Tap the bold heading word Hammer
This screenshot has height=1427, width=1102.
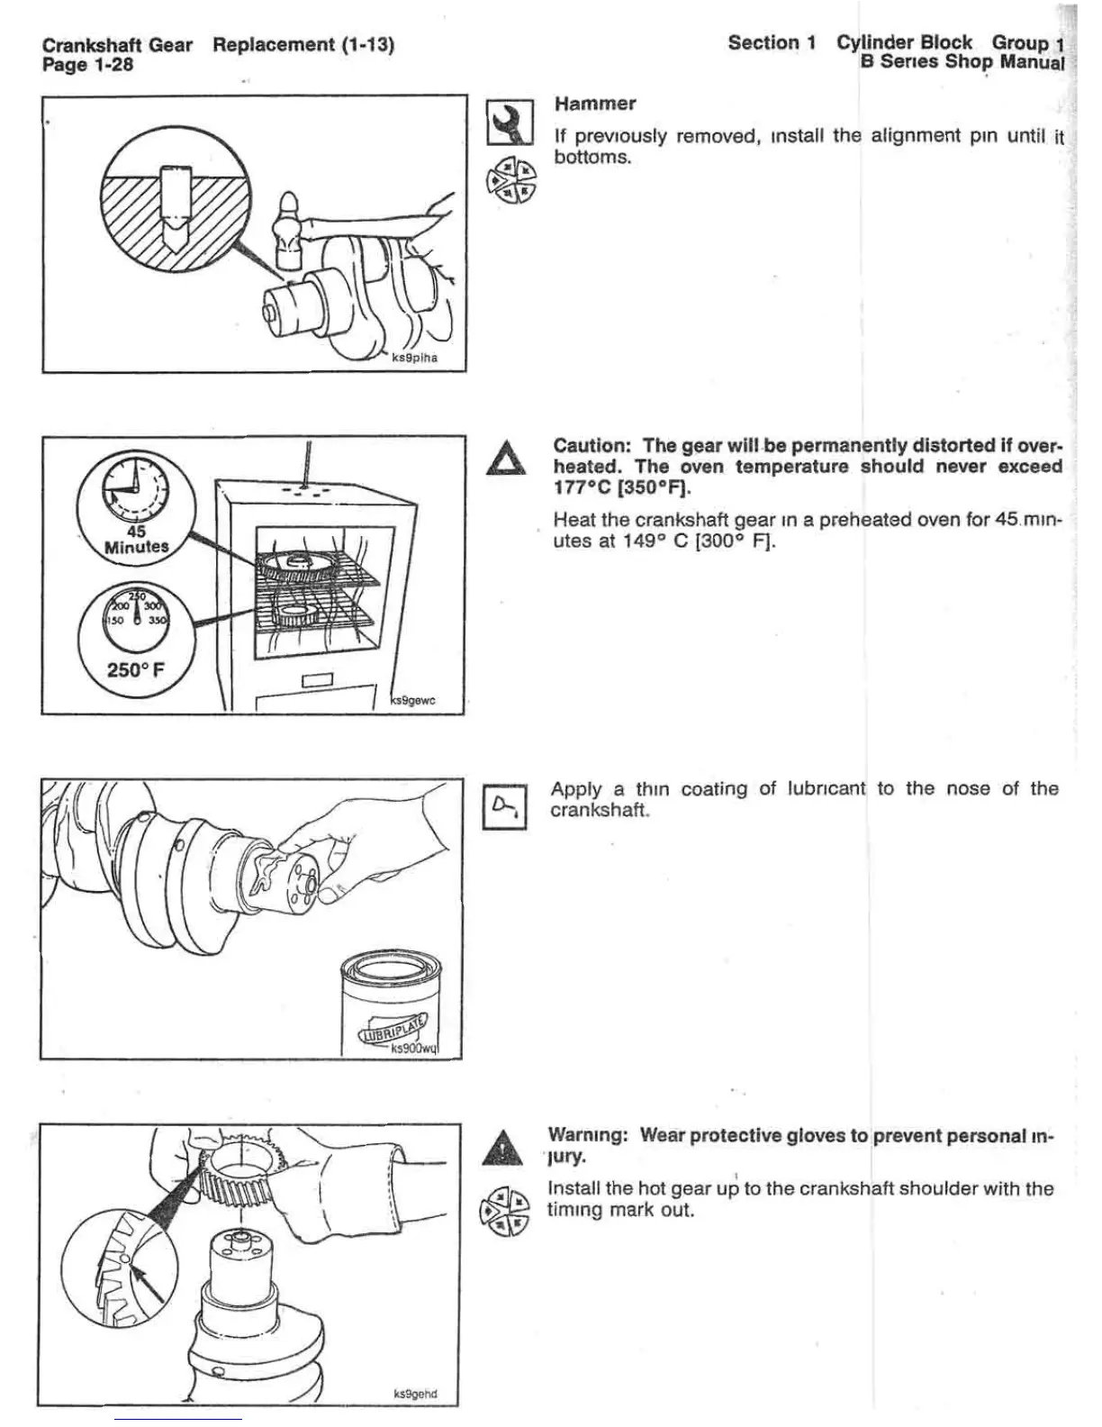coord(595,104)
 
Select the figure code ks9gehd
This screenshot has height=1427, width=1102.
coord(415,1394)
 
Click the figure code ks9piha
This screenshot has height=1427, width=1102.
coord(415,358)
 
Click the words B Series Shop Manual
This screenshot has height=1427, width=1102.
coord(962,62)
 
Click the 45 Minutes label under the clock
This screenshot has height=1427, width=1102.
coord(136,540)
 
